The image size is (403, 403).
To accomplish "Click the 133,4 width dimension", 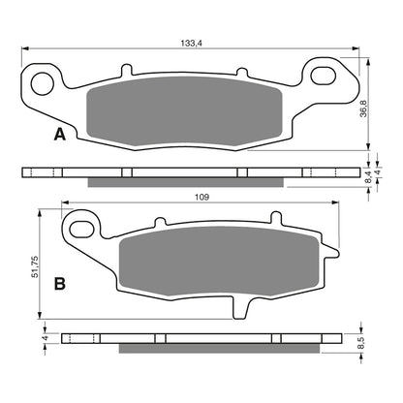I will pos(192,43).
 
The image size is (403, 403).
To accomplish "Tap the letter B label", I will pos(60,284).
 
